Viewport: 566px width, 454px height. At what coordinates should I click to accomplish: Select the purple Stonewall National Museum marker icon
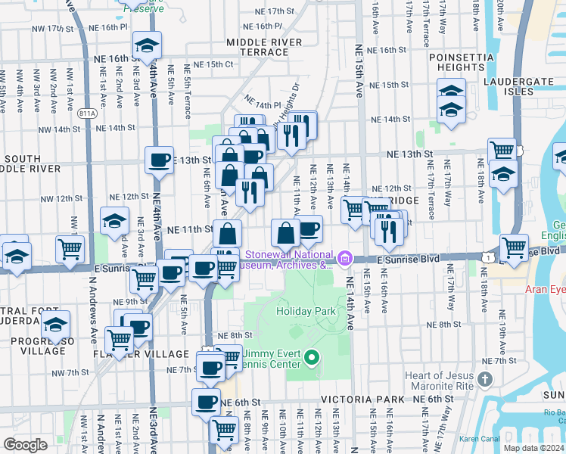(x=345, y=260)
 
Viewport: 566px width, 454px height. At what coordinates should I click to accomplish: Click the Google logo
(x=25, y=445)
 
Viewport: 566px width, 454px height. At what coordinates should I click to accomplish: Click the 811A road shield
(x=86, y=113)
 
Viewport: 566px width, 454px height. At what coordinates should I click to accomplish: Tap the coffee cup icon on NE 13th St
(x=160, y=160)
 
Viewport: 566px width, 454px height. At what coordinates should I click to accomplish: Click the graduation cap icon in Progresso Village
(x=56, y=325)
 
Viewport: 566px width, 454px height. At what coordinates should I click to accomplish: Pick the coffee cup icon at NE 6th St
(x=206, y=403)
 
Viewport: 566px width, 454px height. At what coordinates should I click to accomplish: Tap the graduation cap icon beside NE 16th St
(x=147, y=45)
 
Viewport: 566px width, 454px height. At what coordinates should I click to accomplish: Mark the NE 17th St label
(x=274, y=11)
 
